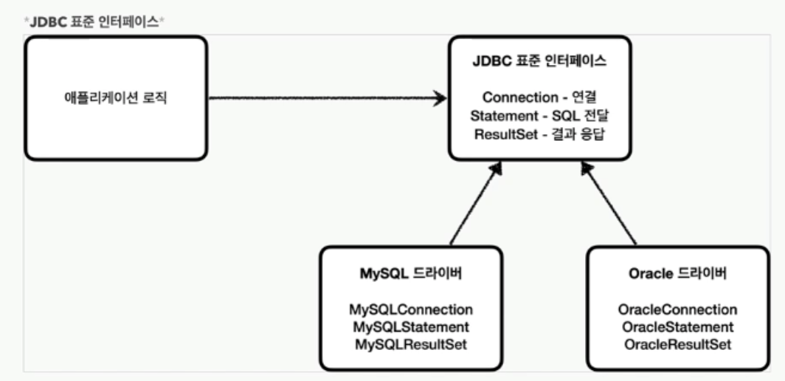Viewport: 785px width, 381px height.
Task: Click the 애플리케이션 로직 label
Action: tap(116, 98)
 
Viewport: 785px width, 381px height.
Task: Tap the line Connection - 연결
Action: tap(539, 97)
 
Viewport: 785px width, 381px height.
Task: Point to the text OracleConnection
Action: tap(678, 309)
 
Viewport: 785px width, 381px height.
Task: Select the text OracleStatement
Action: tap(678, 327)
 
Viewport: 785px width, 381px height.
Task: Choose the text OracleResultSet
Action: tap(678, 345)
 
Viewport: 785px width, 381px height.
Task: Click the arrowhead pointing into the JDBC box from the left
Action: tap(440, 98)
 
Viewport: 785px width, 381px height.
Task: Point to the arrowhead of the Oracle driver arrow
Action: tap(588, 170)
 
